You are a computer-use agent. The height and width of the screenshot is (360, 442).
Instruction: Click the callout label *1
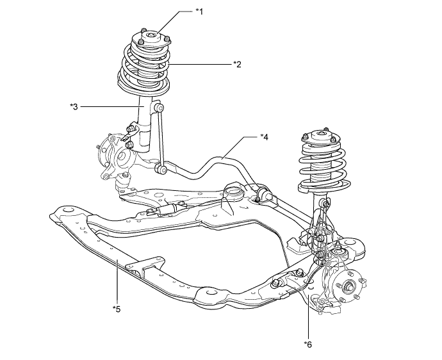(x=200, y=12)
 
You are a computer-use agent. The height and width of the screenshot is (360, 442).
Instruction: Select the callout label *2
(x=238, y=64)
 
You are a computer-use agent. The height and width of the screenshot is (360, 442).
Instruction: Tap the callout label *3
(x=74, y=107)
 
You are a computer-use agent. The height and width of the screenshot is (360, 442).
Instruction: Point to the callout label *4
(x=265, y=137)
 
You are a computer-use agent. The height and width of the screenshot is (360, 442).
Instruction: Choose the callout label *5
(x=117, y=309)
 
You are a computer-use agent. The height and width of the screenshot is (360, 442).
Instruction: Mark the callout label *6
(x=308, y=344)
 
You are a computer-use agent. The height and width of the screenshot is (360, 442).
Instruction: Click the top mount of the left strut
(x=151, y=40)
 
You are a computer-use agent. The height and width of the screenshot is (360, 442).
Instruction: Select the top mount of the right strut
(x=321, y=137)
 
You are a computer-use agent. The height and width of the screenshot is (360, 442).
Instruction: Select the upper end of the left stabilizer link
(x=159, y=108)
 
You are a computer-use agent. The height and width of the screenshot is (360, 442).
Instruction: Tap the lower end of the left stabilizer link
(x=160, y=168)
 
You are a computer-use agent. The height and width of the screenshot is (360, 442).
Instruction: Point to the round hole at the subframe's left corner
(x=67, y=210)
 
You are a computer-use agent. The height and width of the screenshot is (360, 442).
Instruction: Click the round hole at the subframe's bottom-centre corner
(x=208, y=291)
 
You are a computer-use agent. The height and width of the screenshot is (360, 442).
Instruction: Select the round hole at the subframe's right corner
(x=351, y=242)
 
